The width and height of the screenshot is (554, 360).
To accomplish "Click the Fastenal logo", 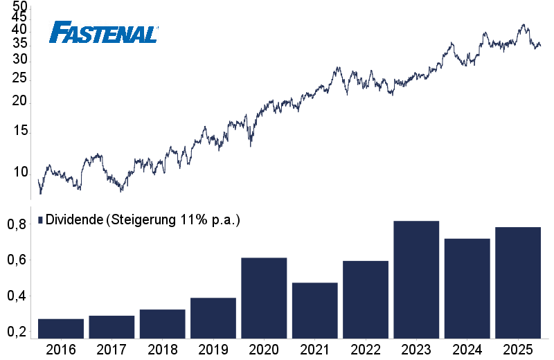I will (105, 32).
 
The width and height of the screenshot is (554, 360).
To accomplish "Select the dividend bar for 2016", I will (61, 329).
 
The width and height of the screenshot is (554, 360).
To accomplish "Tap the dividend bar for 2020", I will (264, 298).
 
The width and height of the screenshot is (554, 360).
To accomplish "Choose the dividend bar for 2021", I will (314, 310).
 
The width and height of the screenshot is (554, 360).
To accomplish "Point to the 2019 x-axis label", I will (213, 349).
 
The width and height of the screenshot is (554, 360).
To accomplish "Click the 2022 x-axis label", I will (365, 349).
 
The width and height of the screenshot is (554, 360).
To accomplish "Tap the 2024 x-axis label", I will (467, 349).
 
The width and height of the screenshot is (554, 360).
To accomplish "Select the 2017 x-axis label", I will (111, 349).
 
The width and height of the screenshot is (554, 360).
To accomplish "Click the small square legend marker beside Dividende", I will (40, 220).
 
